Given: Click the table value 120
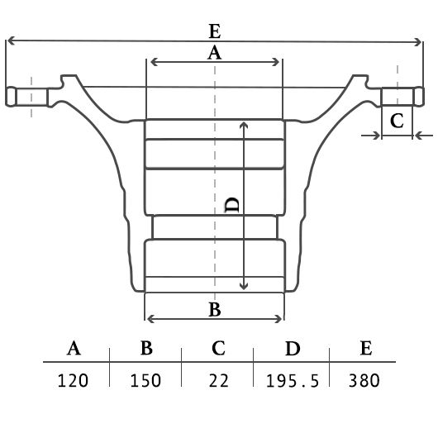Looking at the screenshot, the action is pyautogui.click(x=73, y=380).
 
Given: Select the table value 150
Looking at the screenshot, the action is pyautogui.click(x=145, y=380).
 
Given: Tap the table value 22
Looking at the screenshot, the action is pyautogui.click(x=219, y=380).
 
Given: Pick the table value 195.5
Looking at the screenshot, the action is pyautogui.click(x=293, y=381).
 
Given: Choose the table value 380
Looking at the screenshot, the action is pyautogui.click(x=364, y=380).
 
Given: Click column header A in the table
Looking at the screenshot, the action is pyautogui.click(x=74, y=348).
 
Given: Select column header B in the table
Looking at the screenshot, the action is pyautogui.click(x=146, y=348).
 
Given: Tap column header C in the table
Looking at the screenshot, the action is pyautogui.click(x=218, y=348).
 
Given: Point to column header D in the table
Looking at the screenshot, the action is pyautogui.click(x=293, y=348).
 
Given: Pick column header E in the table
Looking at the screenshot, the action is pyautogui.click(x=366, y=348).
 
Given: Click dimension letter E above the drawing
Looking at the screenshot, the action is pyautogui.click(x=215, y=31).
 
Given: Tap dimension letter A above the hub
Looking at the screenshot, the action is pyautogui.click(x=215, y=53).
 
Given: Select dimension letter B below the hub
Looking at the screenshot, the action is pyautogui.click(x=215, y=309).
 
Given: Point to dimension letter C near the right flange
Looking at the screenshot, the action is pyautogui.click(x=397, y=121).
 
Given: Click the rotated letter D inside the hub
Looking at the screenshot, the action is pyautogui.click(x=232, y=205).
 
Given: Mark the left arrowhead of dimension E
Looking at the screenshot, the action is pyautogui.click(x=11, y=40).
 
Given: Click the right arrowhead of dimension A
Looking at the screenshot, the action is pyautogui.click(x=276, y=62).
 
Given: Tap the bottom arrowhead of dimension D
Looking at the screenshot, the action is pyautogui.click(x=244, y=286).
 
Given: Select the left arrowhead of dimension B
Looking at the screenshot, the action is pyautogui.click(x=150, y=319).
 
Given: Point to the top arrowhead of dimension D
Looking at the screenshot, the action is pyautogui.click(x=244, y=126).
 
